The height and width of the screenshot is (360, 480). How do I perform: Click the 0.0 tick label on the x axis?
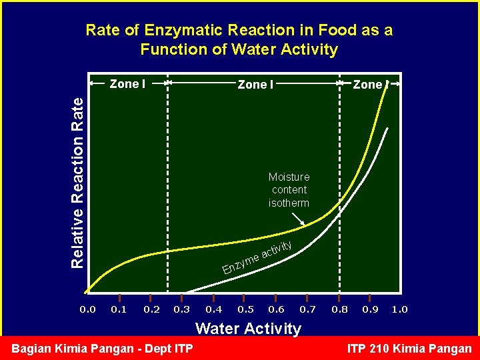(x=87, y=309)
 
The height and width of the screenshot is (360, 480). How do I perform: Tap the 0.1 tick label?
(x=119, y=309)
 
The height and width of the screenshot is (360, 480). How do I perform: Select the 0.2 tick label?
(x=151, y=309)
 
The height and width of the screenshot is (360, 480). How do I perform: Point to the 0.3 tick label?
(x=181, y=309)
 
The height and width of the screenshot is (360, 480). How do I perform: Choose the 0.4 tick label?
(x=213, y=309)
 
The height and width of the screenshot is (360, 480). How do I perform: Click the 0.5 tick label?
(x=245, y=309)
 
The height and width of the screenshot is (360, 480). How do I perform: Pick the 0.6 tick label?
(x=276, y=309)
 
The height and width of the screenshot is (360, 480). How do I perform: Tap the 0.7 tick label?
(x=307, y=309)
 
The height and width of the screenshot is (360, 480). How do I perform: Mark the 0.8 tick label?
(x=339, y=309)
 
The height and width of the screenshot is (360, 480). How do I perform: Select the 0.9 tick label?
(x=370, y=309)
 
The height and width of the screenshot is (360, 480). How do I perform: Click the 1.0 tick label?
(x=400, y=309)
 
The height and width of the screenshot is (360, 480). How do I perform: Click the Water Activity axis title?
(x=247, y=328)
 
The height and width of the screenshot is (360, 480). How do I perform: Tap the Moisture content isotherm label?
(x=289, y=190)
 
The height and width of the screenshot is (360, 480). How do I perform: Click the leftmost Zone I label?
(x=125, y=84)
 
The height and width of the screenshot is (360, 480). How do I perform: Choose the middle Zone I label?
(x=255, y=85)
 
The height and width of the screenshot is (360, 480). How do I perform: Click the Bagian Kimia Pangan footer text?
(x=103, y=349)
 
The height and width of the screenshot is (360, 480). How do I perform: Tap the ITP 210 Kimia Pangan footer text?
(x=409, y=349)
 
